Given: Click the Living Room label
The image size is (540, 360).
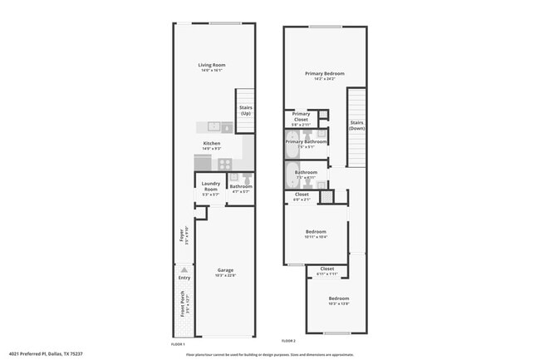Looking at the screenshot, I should coord(212,65).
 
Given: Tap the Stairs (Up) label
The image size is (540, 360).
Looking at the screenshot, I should coord(246,110).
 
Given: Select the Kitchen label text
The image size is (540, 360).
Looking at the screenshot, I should coord(212,143).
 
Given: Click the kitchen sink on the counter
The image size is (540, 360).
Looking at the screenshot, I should coord(214,127).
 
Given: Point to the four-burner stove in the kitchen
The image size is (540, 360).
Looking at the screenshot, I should coord(225,164).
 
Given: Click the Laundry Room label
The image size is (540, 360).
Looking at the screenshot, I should coord(211,187).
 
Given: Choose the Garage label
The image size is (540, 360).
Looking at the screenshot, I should coord(225,269).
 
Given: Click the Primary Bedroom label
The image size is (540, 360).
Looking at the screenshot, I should coord(324,74).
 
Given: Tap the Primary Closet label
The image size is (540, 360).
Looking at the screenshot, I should coord(301,116).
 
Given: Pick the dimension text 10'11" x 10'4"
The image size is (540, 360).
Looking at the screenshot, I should coord(316,237).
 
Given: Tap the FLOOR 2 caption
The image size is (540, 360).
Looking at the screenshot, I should coord(287,341).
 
